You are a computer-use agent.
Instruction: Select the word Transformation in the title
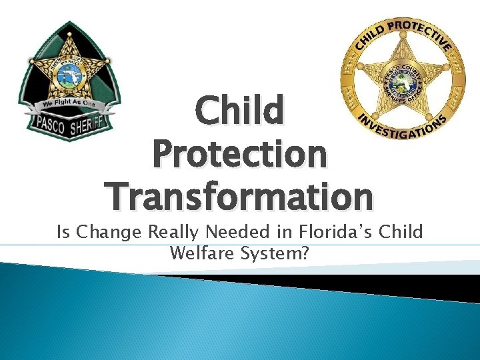click(240, 197)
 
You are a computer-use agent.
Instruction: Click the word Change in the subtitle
click(107, 232)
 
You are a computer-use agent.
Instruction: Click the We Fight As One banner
click(69, 104)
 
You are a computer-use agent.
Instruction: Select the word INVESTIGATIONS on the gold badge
click(402, 125)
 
